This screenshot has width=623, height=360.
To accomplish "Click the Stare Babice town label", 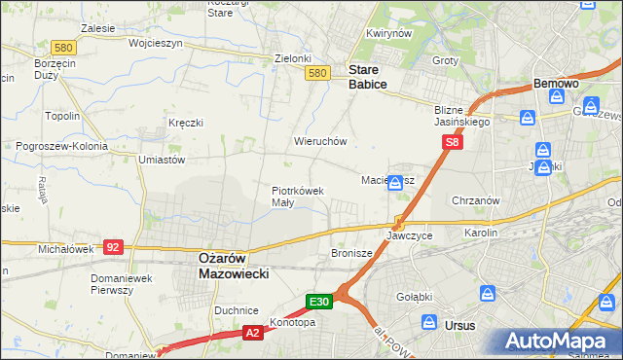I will coord(368,77).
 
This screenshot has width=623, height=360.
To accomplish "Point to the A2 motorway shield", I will coord(252,333).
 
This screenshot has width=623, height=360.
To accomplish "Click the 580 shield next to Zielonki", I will coord(315,73).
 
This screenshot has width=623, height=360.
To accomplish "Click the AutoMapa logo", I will coord(561,341).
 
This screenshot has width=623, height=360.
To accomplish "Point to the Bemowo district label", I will coord(557,84).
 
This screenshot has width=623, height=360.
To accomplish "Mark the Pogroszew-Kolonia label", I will coord(59,146).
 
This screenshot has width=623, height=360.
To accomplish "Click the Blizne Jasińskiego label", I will coord(462,116).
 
